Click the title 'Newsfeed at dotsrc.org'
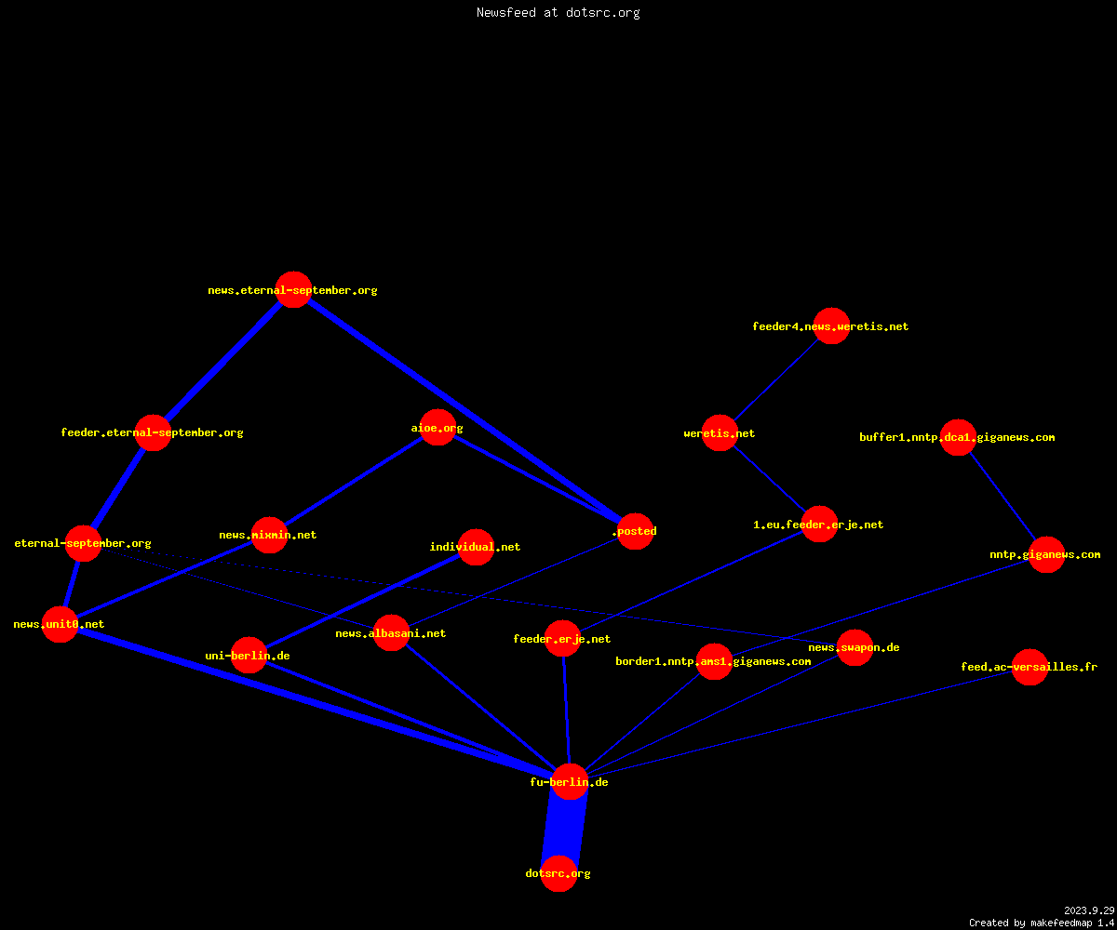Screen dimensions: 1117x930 [x=558, y=12]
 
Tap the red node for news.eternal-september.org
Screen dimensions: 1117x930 [x=294, y=289]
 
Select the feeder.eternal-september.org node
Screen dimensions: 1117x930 [x=153, y=433]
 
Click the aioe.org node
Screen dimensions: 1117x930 [x=437, y=428]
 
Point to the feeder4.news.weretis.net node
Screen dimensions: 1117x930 [x=831, y=326]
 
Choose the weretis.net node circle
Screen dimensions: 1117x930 [x=720, y=433]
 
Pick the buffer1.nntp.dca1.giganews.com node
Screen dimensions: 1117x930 [x=958, y=437]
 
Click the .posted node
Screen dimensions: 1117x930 [x=636, y=531]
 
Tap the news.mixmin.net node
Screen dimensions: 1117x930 [x=269, y=535]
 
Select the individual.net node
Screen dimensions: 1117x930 [x=476, y=547]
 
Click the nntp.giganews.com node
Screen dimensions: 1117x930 [x=1047, y=555]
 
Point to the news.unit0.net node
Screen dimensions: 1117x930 [x=60, y=624]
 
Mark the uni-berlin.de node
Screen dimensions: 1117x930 [x=249, y=656]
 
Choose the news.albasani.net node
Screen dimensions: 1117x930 [x=391, y=633]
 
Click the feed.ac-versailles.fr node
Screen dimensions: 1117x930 [x=1030, y=667]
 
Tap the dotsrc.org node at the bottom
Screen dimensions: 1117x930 [x=559, y=873]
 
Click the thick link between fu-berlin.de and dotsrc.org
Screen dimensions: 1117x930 [x=564, y=828]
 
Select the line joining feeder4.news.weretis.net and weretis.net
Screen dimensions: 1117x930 [x=775, y=379]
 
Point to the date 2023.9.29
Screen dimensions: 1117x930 [x=1089, y=910]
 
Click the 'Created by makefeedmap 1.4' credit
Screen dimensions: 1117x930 [x=1042, y=923]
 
